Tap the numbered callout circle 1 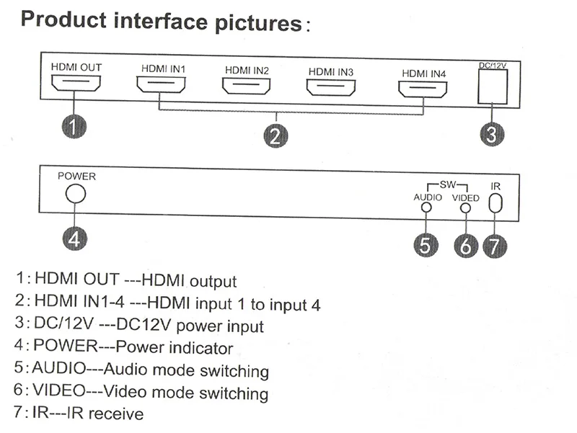click(74, 127)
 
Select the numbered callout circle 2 click(276, 136)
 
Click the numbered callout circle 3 click(493, 134)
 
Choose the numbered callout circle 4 click(75, 238)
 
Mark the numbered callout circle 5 click(426, 245)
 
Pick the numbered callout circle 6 click(466, 246)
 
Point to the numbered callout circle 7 click(495, 246)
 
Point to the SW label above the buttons click(447, 184)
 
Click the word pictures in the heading click(258, 23)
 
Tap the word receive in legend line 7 click(116, 414)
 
